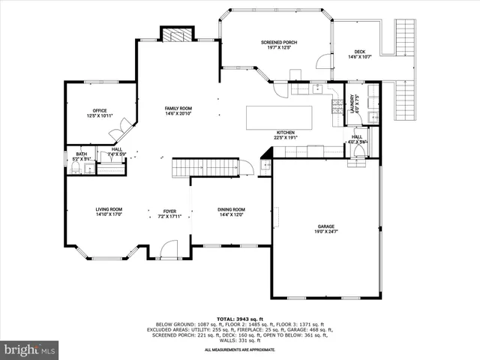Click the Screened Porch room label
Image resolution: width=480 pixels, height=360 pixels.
click(x=279, y=42)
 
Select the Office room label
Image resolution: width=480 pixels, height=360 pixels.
click(x=99, y=110)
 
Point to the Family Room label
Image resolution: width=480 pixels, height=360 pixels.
click(x=178, y=109)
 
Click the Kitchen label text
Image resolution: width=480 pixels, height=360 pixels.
click(x=286, y=133)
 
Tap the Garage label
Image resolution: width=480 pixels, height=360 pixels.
click(x=325, y=226)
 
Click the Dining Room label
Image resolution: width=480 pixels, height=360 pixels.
click(x=231, y=209)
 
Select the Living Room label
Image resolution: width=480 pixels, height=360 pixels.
click(x=109, y=209)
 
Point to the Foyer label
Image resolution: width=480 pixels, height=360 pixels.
click(x=170, y=210)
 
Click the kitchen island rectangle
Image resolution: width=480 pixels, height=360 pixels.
click(x=279, y=117)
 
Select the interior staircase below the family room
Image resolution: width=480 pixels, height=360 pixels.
click(x=206, y=167)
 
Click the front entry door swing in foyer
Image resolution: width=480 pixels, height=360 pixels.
click(x=169, y=249)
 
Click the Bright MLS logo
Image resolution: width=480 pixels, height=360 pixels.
click(x=30, y=349)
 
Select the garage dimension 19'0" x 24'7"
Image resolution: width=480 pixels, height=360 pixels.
click(x=325, y=231)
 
